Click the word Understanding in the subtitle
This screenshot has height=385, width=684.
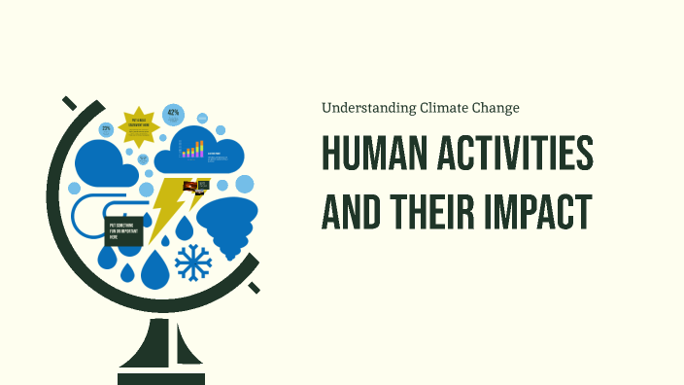click(x=368, y=108)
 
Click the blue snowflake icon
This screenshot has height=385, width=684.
click(x=192, y=263)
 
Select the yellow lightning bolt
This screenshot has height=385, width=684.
click(x=167, y=206)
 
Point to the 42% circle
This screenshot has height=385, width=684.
click(x=174, y=114)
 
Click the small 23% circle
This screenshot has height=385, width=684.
click(x=106, y=128)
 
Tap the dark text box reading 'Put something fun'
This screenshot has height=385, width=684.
click(x=123, y=231)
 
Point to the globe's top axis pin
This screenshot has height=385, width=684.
click(x=69, y=102)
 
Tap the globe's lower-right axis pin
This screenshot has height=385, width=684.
click(x=255, y=287)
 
